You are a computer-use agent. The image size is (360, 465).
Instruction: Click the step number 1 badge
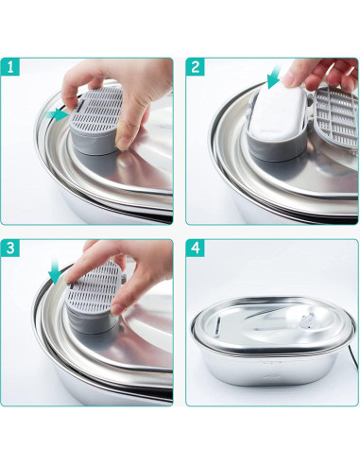pos(10,68)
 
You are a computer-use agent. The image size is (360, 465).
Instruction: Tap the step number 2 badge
pos(196,68)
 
